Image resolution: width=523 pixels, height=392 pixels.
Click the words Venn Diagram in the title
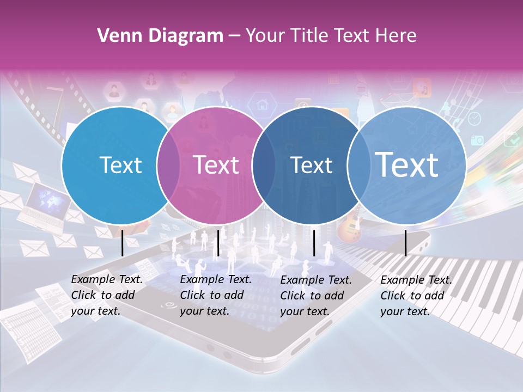point(160,36)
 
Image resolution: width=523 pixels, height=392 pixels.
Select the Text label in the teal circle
point(121,165)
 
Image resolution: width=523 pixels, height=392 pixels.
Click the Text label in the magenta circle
point(216,165)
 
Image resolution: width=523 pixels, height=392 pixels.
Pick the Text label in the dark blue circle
point(311,165)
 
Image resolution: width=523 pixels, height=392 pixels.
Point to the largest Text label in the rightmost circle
point(407,164)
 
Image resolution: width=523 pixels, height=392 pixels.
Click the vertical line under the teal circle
point(123,243)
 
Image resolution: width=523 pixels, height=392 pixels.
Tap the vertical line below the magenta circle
point(218,243)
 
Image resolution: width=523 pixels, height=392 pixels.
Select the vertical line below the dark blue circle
point(314,243)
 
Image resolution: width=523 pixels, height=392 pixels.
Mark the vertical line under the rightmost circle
point(405,243)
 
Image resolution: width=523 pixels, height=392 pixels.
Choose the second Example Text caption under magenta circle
point(216,295)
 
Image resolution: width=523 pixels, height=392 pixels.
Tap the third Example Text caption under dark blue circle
point(316,296)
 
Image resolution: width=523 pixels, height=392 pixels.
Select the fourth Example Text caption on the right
point(416,296)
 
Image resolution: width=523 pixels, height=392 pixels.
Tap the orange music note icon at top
point(422,87)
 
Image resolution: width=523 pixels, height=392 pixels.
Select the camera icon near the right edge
point(477,140)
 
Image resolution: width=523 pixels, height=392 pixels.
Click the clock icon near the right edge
point(475,118)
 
